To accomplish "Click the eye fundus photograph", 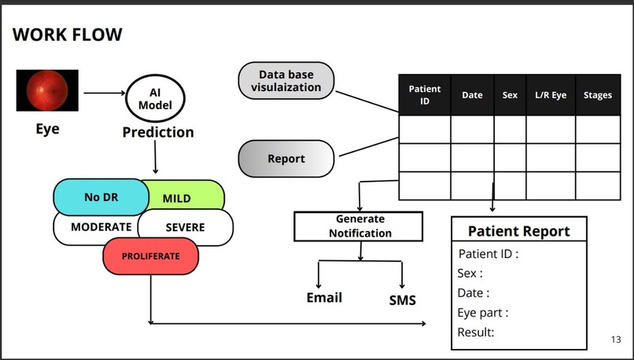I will tap(47, 90).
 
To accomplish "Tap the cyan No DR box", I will tap(100, 197).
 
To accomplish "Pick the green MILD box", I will tap(186, 198).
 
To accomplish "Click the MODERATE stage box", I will tap(96, 227).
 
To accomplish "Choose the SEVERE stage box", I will tap(186, 227).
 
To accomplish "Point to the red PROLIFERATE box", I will tap(150, 256).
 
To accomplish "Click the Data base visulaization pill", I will tap(286, 81).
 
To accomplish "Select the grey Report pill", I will tap(286, 159).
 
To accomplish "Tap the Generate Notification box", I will tap(359, 226).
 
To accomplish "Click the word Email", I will tap(324, 297).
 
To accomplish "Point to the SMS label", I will tap(402, 299).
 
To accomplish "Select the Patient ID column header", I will tap(425, 96).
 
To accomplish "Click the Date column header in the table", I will tap(472, 96).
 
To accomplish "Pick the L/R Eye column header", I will tap(551, 96).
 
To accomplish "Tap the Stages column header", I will tap(598, 96).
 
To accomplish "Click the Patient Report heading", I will tap(518, 231).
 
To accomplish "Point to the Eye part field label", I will tap(482, 313).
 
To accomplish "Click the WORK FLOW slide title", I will tap(68, 35).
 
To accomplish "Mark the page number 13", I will tap(616, 340).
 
